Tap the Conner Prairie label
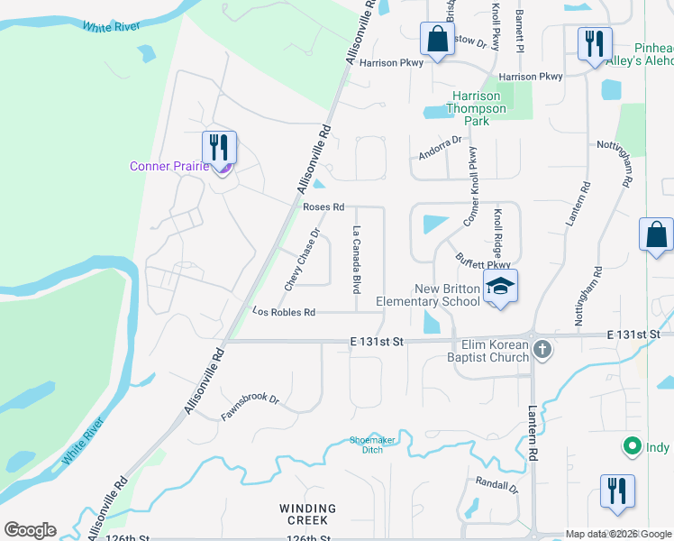coord(169,166)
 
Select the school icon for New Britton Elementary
coord(500,287)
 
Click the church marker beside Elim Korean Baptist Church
coord(542,349)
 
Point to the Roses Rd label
coord(323,207)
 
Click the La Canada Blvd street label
coord(357,260)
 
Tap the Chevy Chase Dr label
coord(303,260)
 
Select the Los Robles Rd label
coord(284,312)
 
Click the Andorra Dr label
coord(439,148)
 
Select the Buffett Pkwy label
coord(477,260)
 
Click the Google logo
coord(30,530)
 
